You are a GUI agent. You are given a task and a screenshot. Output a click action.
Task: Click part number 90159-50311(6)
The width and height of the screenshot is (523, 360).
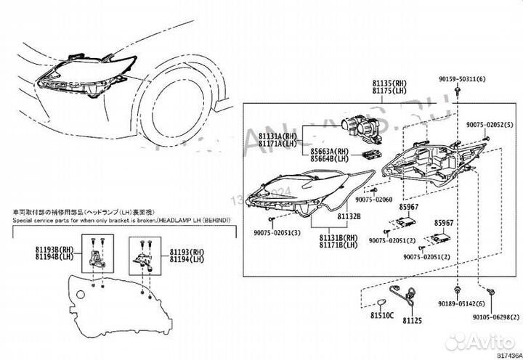(x=463, y=78)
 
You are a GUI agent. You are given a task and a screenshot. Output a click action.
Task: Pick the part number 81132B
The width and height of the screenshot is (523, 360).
(x=332, y=216)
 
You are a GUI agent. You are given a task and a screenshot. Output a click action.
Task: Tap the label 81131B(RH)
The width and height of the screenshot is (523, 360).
(x=338, y=238)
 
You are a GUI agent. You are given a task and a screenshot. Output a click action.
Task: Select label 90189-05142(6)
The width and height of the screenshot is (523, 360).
(x=463, y=305)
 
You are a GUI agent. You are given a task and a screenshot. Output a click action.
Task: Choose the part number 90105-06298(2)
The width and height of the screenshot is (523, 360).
(x=494, y=317)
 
